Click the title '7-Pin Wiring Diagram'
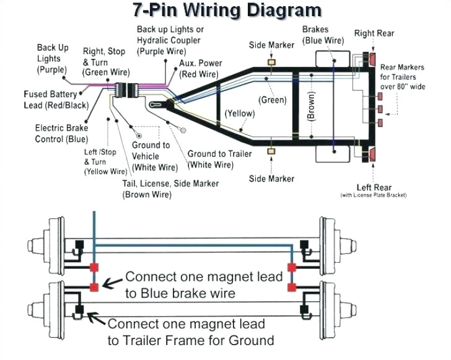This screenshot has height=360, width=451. point(227,10)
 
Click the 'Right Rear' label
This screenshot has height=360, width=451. point(374,33)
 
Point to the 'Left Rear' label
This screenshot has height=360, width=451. point(374,187)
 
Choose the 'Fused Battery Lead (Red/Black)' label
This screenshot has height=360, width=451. point(50,100)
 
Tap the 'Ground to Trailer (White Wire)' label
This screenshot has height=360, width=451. point(211,159)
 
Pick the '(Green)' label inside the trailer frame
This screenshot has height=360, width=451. point(272,100)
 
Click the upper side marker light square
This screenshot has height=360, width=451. point(271,62)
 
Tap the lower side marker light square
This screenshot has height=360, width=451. point(271,151)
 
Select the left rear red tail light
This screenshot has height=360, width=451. point(372,154)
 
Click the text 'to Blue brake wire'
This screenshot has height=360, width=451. point(180,294)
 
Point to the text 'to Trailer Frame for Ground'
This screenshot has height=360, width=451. point(190,340)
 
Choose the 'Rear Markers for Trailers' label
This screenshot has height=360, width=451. point(402,77)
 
